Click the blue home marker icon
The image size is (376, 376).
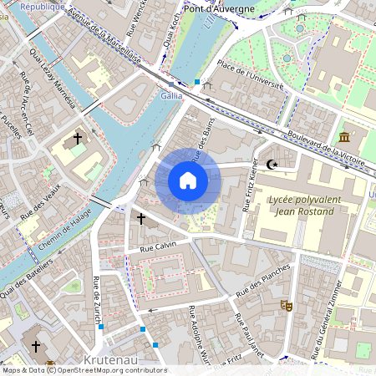(188, 180)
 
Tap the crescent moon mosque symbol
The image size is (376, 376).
(270, 165)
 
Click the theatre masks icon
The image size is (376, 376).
(286, 307)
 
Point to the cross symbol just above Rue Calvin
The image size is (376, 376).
(141, 219)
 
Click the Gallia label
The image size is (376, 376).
(171, 96)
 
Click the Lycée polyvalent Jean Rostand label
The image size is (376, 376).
(301, 206)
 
